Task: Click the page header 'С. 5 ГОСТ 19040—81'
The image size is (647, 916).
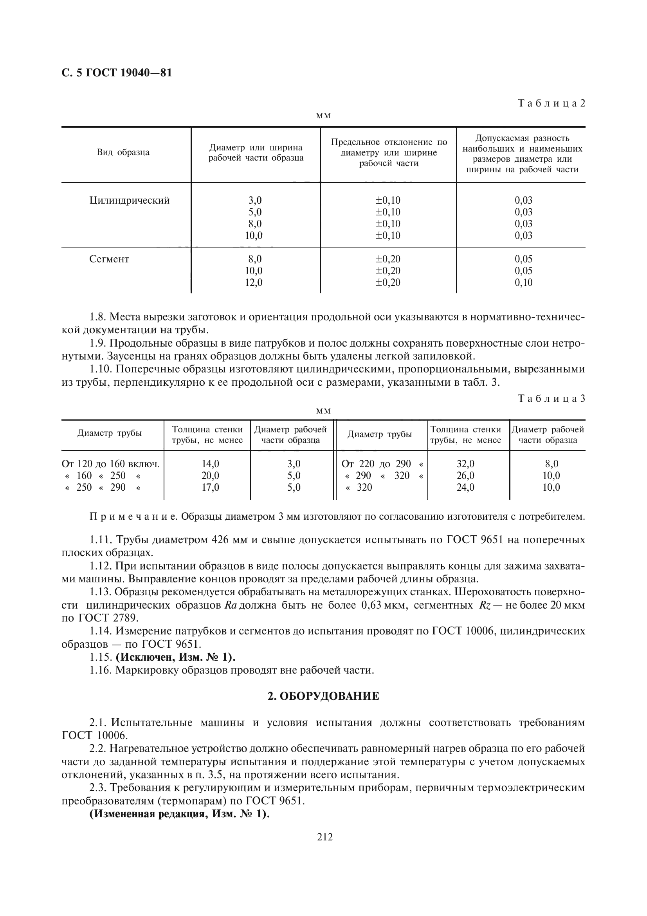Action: tap(117, 73)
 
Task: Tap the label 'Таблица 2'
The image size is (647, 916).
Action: tap(551, 103)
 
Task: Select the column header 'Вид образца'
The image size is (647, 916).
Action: tap(123, 152)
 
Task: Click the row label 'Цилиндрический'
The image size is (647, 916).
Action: tap(130, 200)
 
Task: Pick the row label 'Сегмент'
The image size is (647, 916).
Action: tap(109, 259)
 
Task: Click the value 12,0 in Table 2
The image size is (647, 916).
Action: tap(254, 283)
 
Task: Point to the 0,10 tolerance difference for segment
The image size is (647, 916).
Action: tap(523, 283)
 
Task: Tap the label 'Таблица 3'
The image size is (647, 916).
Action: tap(551, 399)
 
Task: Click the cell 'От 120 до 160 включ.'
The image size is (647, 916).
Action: tap(110, 464)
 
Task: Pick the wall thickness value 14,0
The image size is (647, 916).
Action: tap(210, 464)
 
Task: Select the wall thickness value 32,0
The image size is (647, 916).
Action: tap(465, 464)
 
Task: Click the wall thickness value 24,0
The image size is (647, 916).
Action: tap(465, 488)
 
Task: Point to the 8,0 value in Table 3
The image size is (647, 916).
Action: tap(551, 464)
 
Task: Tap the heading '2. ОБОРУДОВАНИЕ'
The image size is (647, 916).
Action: tap(323, 697)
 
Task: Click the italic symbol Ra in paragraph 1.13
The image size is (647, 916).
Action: tap(231, 605)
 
